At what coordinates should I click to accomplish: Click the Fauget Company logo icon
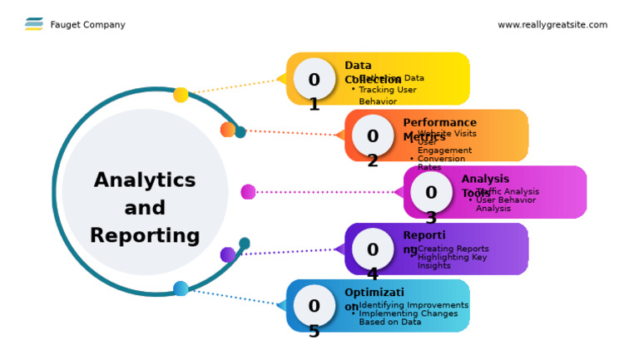pos(34,24)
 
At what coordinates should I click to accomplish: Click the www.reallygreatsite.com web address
pos(552,25)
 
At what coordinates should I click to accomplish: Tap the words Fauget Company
pos(87,25)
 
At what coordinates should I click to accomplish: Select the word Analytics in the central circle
pos(145,180)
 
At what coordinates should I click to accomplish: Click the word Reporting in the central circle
pos(145,235)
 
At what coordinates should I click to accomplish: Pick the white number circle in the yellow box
pos(314,79)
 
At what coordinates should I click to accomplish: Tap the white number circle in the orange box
pos(373,136)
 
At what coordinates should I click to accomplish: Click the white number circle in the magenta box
pos(431,192)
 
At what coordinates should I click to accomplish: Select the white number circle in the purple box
pos(373,249)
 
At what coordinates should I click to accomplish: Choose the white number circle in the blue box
pos(314,305)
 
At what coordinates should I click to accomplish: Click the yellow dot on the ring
pos(181,95)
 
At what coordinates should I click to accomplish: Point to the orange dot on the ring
pos(228,130)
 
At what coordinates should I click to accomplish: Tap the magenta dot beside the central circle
pos(248,192)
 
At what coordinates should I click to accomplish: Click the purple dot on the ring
pos(228,254)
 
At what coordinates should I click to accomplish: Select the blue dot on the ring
pos(181,288)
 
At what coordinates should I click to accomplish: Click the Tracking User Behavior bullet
pos(386,95)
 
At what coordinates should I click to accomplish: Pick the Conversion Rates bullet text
pos(441,163)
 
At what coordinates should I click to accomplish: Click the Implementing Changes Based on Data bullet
pos(408,318)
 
